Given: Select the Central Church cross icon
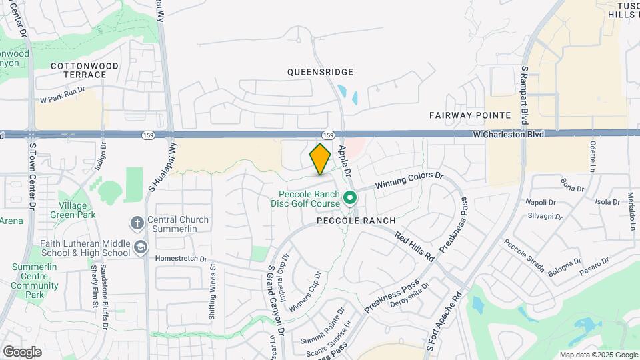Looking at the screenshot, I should pos(137,223).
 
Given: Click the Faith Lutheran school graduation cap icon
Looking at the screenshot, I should pos(140,248).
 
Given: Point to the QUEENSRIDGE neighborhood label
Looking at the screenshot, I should pos(320,71).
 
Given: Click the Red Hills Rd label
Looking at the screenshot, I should pos(414,246).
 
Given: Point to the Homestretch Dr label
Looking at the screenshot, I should pos(181,259).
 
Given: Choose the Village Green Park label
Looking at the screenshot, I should pos(77,210).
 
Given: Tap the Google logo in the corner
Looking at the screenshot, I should pos(22,351).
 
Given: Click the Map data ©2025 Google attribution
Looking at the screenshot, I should pos(598,355).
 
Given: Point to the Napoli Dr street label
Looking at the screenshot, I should pos(541,202).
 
